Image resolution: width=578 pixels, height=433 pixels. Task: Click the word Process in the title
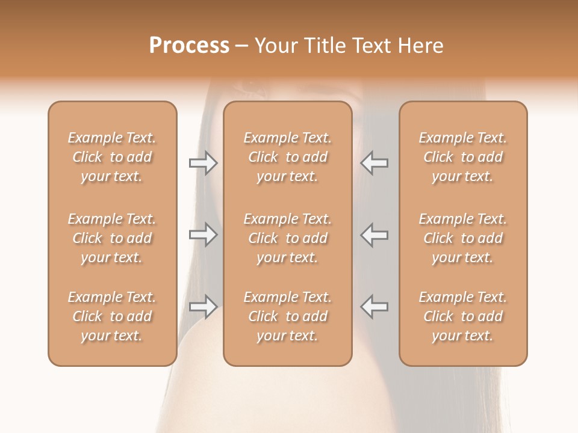189,46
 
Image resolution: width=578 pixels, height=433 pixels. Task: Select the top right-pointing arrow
204,163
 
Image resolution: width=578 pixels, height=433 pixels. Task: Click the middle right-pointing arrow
204,235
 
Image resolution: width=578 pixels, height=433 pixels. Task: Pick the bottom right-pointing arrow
204,307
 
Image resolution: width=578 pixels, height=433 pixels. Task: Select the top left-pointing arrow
374,163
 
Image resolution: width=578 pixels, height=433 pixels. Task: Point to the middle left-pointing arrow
374,235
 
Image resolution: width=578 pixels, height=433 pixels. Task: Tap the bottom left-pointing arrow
374,307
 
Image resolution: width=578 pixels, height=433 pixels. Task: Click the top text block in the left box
112,157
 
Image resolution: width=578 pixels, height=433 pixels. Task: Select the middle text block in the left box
112,238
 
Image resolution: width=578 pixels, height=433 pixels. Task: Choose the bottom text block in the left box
112,316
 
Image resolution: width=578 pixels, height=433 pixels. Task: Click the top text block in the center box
288,157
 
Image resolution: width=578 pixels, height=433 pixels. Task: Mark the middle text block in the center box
288,238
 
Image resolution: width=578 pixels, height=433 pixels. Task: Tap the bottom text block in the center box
288,316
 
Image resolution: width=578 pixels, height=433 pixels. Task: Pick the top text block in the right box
463,157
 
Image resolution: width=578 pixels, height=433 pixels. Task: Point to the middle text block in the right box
463,238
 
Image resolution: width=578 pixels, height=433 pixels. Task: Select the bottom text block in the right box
463,316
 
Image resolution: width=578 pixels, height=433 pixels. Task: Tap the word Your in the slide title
277,46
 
